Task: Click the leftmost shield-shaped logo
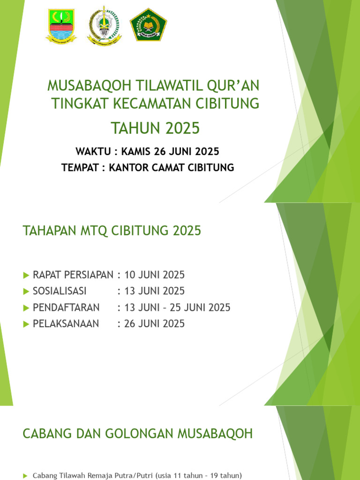tap(61, 26)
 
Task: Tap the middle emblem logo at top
tap(104, 25)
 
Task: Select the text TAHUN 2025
tap(155, 127)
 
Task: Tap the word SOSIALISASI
tap(60, 291)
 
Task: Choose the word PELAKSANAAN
tap(66, 323)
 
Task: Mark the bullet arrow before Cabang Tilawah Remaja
tap(25, 476)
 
